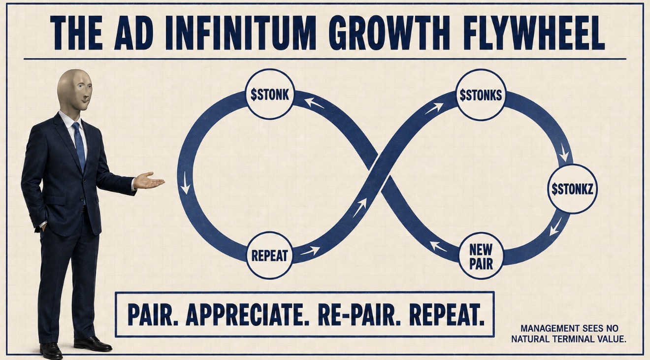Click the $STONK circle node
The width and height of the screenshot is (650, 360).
[x=270, y=94]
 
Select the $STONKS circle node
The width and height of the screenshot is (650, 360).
[x=481, y=95]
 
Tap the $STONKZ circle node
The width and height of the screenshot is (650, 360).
[x=572, y=189]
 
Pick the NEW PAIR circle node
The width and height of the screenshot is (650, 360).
[x=481, y=256]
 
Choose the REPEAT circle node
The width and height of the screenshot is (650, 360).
[x=269, y=255]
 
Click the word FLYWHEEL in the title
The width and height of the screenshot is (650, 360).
[x=534, y=33]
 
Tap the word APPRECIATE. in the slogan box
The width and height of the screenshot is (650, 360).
[x=248, y=315]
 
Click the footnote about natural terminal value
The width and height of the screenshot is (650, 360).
[x=568, y=333]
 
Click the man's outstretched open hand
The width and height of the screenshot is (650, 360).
[x=149, y=181]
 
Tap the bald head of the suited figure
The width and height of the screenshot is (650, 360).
[x=74, y=90]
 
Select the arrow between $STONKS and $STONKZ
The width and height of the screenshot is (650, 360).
[x=564, y=152]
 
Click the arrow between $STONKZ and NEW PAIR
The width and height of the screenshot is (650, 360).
[x=555, y=227]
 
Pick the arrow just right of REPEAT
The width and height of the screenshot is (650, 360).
[x=310, y=250]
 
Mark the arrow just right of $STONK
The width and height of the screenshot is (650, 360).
[x=314, y=103]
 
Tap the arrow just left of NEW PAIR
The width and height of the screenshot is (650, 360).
[x=438, y=246]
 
